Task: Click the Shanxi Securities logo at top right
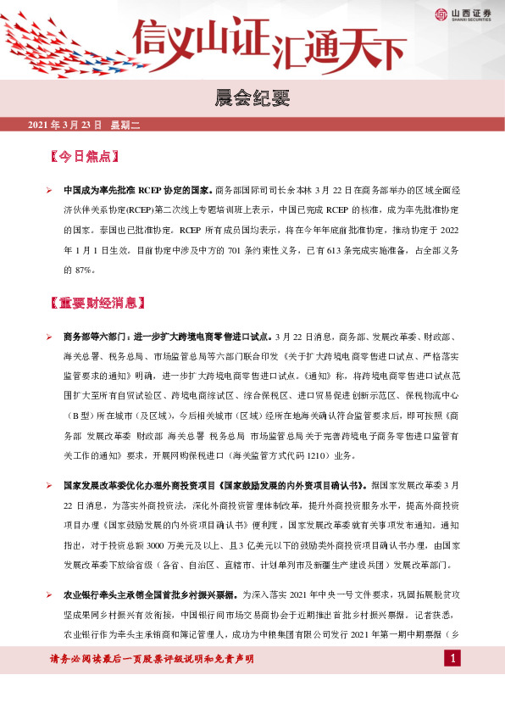(461, 14)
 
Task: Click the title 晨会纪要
(252, 99)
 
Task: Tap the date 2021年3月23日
(64, 126)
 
